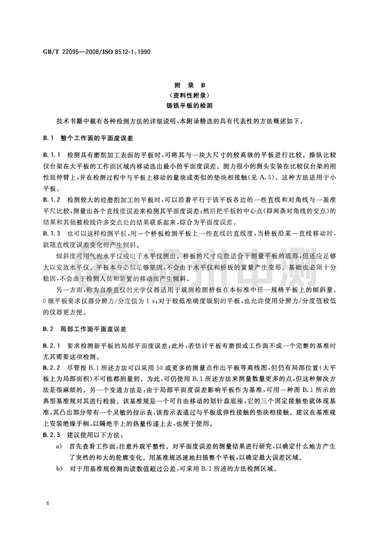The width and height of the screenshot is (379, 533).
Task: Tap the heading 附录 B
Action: click(x=190, y=86)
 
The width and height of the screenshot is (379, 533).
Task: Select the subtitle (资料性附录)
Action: click(x=190, y=96)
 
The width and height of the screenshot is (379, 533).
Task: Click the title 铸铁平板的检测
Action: click(x=190, y=106)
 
